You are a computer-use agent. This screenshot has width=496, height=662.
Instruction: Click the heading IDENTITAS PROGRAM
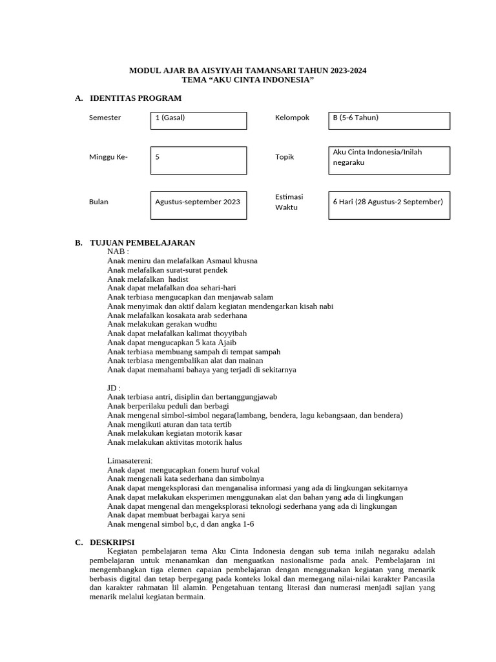(x=135, y=98)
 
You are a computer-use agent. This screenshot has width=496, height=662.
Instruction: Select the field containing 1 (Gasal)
(x=198, y=121)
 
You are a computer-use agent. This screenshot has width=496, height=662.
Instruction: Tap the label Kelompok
(x=292, y=118)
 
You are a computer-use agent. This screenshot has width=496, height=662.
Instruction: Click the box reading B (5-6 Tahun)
(x=389, y=121)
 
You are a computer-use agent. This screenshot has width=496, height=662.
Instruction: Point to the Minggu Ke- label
(x=108, y=157)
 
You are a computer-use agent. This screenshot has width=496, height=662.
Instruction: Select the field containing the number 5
(x=198, y=160)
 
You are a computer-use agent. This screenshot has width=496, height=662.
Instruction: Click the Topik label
(x=284, y=157)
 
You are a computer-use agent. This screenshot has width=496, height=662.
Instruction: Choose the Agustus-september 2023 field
(x=198, y=205)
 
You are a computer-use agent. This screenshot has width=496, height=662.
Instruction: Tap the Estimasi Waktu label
(x=289, y=202)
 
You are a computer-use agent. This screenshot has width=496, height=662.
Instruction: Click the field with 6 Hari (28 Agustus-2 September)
(x=389, y=205)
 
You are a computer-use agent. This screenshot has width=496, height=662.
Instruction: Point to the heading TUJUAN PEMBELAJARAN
(x=142, y=242)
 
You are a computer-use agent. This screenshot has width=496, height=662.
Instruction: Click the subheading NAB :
(x=118, y=251)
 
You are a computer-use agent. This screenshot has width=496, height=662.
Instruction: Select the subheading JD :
(x=114, y=388)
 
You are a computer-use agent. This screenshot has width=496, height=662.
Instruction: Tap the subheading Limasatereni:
(x=130, y=460)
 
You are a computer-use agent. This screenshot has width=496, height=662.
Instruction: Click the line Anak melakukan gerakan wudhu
(x=159, y=325)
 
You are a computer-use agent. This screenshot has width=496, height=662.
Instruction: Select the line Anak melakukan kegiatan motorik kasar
(x=171, y=433)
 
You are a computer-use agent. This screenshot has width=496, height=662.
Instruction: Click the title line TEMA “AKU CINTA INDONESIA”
(x=247, y=80)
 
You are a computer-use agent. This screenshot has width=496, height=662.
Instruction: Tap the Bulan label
(x=99, y=202)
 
